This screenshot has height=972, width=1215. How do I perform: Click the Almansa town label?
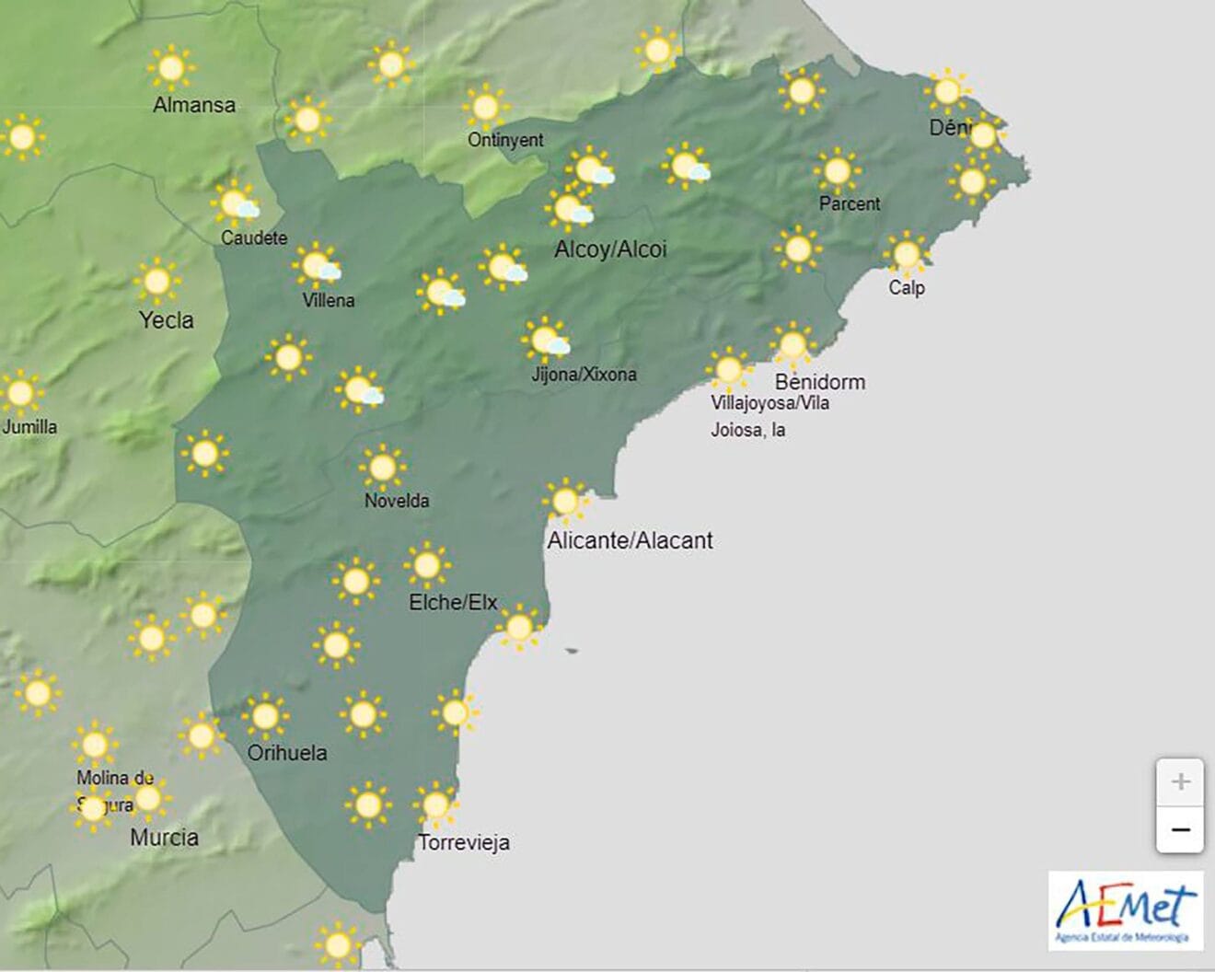(x=194, y=105)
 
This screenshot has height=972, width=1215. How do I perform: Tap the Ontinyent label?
(x=505, y=140)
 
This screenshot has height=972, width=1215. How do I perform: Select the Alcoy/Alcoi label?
(x=610, y=249)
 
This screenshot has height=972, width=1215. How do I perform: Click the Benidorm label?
(x=819, y=381)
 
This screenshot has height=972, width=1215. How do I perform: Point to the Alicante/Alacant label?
(x=630, y=540)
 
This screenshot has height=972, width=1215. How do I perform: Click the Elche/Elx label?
(x=453, y=602)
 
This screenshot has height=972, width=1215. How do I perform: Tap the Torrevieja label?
(x=464, y=842)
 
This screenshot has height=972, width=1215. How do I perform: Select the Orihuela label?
(x=287, y=752)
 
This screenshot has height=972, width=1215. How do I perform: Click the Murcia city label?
(x=164, y=837)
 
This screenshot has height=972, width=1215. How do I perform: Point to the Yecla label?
(x=166, y=319)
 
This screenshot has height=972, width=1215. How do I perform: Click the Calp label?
(x=907, y=287)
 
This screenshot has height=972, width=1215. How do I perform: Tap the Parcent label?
(x=850, y=203)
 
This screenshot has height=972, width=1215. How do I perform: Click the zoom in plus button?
(x=1180, y=782)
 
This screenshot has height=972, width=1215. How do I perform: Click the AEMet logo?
(x=1126, y=911)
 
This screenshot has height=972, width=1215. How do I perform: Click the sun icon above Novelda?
(x=382, y=468)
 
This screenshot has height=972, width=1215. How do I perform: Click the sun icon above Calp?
(x=907, y=253)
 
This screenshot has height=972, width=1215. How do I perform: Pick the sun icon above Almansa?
(x=170, y=67)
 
